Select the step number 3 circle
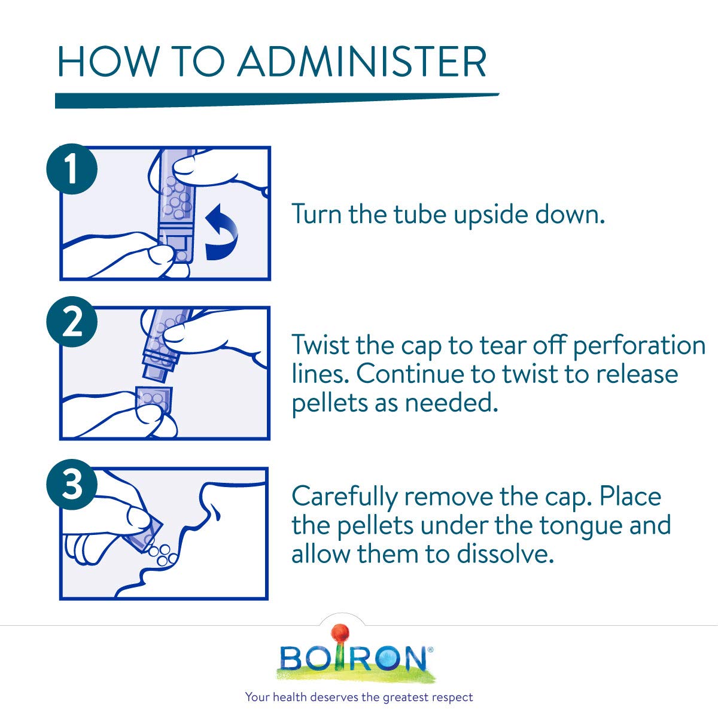(x=71, y=486)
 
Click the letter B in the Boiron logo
(x=293, y=658)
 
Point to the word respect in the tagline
(x=453, y=698)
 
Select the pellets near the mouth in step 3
(x=163, y=554)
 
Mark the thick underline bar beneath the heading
(x=275, y=100)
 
